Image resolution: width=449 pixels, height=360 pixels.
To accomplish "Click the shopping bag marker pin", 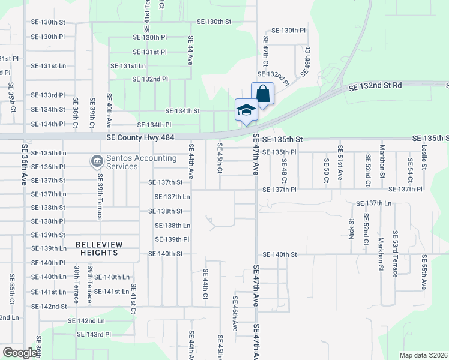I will [262, 94].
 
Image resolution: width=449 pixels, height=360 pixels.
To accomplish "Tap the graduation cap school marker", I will [246, 110].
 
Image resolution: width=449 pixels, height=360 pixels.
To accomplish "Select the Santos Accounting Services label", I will [139, 162].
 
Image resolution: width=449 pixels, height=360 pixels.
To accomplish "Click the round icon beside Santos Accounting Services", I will [96, 161].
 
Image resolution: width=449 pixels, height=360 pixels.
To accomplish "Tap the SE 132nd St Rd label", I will [375, 86].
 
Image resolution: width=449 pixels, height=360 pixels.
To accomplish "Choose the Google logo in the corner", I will [20, 353].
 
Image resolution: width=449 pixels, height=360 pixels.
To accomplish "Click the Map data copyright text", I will [423, 355].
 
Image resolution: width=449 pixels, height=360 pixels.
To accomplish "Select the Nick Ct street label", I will [351, 228].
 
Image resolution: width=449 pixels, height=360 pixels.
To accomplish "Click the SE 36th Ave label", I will [25, 164].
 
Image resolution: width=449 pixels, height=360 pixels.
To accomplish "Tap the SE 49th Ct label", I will [306, 62].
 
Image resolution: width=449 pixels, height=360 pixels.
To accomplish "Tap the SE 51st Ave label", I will [340, 163].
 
